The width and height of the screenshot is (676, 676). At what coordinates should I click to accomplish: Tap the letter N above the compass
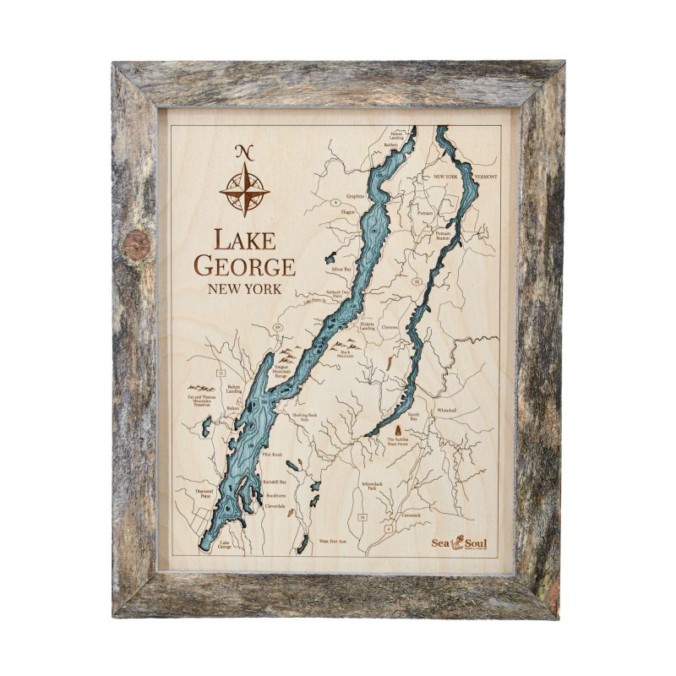tap(244, 152)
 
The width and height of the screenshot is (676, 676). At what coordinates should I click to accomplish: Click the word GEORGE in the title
tap(244, 267)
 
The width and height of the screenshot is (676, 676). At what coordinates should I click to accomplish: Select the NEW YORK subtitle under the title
tap(244, 290)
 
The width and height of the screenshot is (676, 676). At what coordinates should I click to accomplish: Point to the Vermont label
tap(487, 177)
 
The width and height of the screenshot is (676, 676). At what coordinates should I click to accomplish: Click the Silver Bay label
tap(341, 268)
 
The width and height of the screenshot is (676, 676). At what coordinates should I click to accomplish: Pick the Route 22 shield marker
tap(416, 280)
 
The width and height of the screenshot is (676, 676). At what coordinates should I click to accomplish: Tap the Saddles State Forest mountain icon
tap(397, 431)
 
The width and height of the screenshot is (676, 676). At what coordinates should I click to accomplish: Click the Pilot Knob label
tap(271, 455)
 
